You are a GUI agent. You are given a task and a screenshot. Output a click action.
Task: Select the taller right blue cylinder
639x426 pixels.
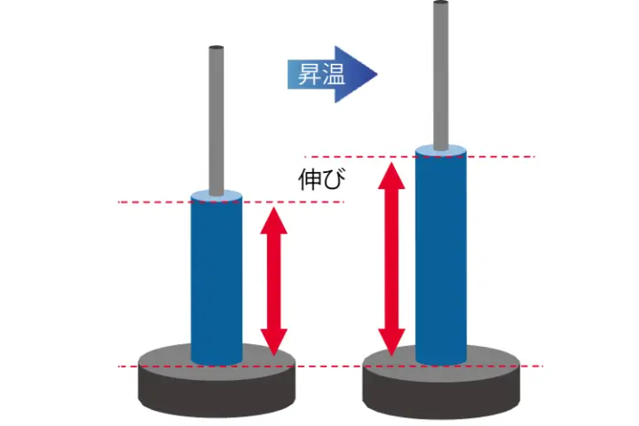(440, 257)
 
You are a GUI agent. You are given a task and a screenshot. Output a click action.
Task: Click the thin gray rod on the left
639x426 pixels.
(216, 120)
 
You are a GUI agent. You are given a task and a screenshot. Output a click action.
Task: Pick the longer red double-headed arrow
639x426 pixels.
(391, 257)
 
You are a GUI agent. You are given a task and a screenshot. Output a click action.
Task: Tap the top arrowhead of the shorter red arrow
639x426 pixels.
(274, 217)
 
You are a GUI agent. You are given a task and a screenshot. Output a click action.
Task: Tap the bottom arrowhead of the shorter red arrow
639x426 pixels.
(274, 343)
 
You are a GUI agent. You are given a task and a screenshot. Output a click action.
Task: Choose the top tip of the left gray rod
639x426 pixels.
(216, 48)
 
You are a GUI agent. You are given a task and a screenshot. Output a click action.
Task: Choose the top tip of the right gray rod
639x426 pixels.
(440, 4)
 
